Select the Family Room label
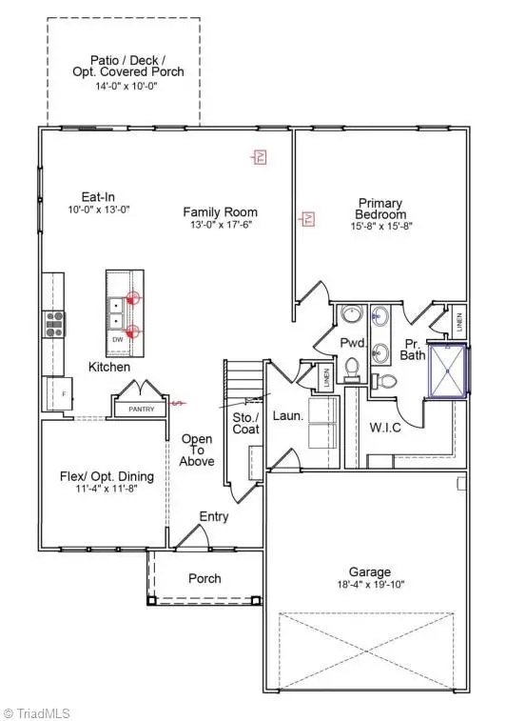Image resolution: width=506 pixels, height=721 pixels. (221, 212)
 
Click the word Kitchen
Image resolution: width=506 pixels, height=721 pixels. (109, 367)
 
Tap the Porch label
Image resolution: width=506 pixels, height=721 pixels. (204, 578)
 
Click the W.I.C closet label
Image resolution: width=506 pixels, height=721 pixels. (385, 427)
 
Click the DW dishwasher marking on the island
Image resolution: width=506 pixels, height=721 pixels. (117, 338)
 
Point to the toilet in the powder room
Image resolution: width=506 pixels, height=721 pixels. (351, 367)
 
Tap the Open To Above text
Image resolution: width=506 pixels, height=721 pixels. (197, 450)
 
